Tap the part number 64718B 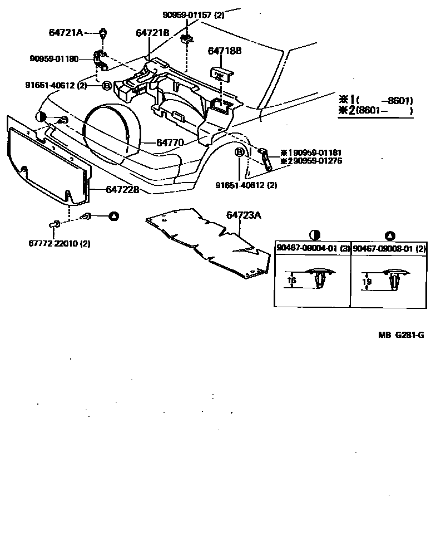pos(225,51)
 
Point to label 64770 pos(170,142)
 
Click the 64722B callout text pos(122,190)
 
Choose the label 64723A pos(243,215)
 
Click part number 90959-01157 pos(186,15)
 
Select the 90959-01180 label pos(54,58)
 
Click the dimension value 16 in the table pos(291,281)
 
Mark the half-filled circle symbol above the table pos(313,235)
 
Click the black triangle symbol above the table pos(390,235)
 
